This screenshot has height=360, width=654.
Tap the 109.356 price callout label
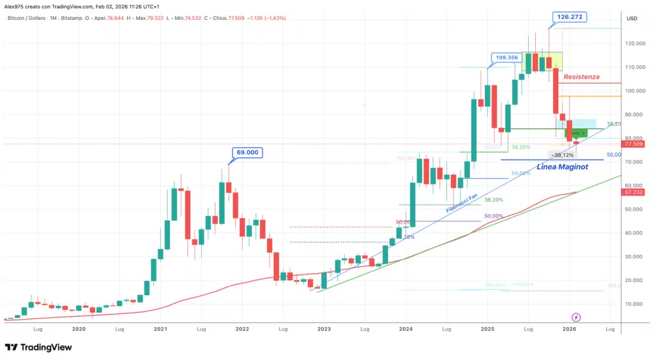(505, 57)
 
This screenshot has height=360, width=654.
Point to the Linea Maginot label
(562, 167)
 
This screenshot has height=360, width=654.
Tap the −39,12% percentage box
(564, 154)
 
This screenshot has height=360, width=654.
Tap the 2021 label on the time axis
(160, 329)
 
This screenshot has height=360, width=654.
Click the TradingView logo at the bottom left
(38, 347)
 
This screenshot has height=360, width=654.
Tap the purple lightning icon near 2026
(576, 317)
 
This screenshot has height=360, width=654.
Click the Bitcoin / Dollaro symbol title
(32, 18)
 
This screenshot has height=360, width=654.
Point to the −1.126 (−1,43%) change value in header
(264, 18)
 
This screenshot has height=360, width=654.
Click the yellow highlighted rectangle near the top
(542, 61)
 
